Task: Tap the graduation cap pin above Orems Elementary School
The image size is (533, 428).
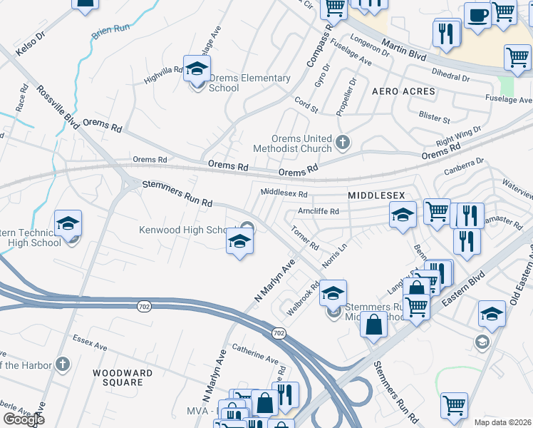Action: [196, 68]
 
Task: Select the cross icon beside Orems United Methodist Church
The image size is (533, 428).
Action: [343, 142]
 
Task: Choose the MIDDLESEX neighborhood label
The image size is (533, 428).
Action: [376, 195]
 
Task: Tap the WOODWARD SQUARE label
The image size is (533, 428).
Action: [123, 377]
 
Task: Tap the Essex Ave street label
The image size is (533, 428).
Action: [89, 346]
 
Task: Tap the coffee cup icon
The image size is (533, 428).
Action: [477, 14]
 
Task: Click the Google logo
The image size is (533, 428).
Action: [24, 419]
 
